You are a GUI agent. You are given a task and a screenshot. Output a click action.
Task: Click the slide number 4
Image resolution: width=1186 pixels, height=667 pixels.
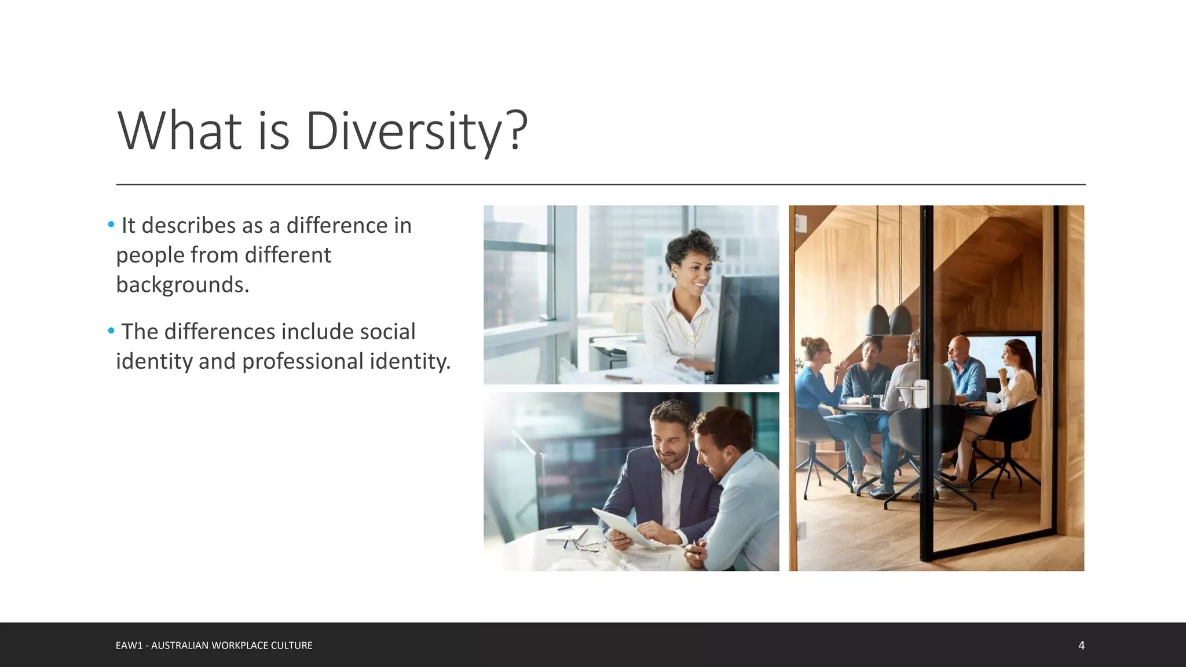click(x=1081, y=645)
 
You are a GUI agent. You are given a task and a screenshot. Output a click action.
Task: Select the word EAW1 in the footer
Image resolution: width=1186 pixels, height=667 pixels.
click(x=129, y=646)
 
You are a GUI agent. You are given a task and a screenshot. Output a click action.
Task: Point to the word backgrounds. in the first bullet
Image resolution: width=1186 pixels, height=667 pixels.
click(x=182, y=285)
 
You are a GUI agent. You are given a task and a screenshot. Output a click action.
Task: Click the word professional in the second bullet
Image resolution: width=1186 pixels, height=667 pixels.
click(x=302, y=361)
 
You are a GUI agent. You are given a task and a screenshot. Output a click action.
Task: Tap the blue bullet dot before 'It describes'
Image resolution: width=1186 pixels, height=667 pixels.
click(x=111, y=225)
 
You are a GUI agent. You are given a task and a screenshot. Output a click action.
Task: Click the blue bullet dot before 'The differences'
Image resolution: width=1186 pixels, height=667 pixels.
click(x=111, y=331)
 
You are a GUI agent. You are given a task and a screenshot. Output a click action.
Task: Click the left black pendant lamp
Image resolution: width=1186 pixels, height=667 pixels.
click(x=878, y=320)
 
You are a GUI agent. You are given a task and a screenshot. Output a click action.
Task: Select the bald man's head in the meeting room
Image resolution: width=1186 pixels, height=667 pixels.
click(x=959, y=347)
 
